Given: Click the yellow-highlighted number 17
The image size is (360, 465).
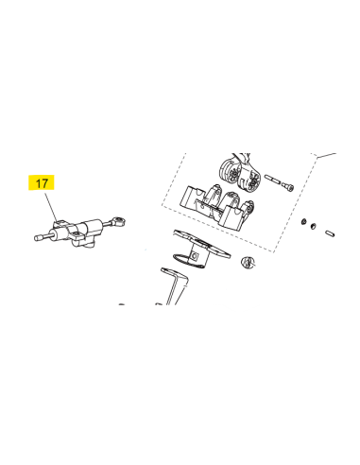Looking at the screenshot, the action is [42, 182].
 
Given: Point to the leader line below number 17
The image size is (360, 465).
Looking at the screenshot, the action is [51, 207].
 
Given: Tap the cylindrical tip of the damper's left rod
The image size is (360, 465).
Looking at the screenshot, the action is [39, 238].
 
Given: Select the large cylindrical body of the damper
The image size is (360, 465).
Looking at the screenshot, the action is [94, 227].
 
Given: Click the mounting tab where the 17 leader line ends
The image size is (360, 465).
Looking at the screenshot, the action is [60, 224].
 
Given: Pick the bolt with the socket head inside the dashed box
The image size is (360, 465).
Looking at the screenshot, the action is [280, 182].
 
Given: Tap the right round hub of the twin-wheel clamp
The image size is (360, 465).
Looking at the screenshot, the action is [252, 181].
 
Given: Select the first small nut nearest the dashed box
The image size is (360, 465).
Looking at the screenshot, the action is [304, 221].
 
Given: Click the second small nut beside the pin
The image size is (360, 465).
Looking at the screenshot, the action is [313, 226].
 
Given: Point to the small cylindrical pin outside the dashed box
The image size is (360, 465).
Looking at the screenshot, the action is [330, 233].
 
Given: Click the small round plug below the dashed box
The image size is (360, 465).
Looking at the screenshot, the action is [248, 263].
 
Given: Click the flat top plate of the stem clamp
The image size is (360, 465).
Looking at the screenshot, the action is [201, 243].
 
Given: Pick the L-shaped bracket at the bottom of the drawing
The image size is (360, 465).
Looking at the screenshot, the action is [174, 285].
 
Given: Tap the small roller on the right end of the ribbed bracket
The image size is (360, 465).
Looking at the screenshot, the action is [249, 207].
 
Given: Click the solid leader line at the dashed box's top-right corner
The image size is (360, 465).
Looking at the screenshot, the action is [326, 155].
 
